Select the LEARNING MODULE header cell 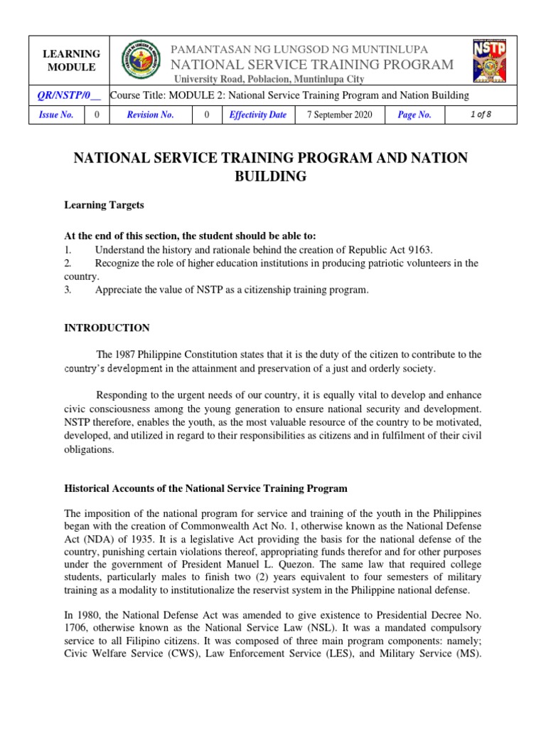(72, 61)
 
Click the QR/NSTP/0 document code (69, 95)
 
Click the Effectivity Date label (257, 115)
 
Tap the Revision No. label (150, 115)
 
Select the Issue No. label (57, 115)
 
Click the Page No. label (414, 115)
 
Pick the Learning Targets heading (105, 205)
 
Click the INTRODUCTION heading (107, 328)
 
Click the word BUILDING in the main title (271, 177)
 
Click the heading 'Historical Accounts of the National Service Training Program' (206, 488)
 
